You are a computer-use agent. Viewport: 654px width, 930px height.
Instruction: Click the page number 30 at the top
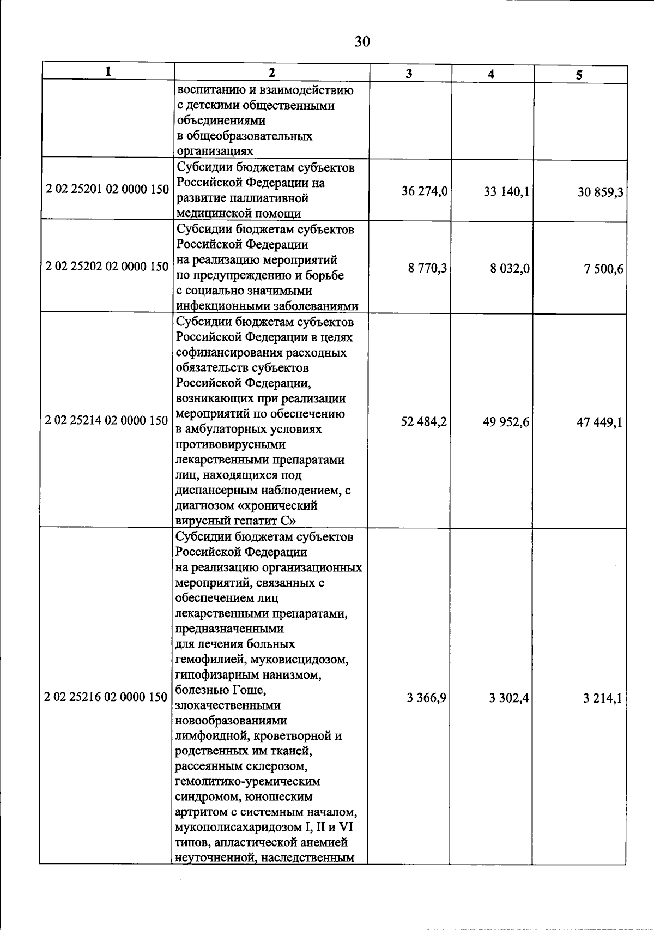(x=362, y=41)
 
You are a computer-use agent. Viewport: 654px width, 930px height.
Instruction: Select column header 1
(x=109, y=71)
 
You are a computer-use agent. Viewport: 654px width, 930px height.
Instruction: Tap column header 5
(x=579, y=75)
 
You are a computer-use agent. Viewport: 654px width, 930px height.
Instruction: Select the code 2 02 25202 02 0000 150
(x=107, y=267)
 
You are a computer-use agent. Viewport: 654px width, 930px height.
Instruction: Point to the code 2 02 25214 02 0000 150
(x=107, y=420)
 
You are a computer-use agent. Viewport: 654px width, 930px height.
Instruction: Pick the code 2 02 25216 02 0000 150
(x=106, y=697)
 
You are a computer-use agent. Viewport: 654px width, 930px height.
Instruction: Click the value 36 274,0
(x=425, y=191)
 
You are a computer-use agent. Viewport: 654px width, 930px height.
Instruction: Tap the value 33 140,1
(x=506, y=192)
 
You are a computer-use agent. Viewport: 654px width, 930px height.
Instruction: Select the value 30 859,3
(x=601, y=192)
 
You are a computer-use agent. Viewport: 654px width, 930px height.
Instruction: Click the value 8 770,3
(x=428, y=268)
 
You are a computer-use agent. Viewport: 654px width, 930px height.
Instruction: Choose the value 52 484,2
(x=424, y=421)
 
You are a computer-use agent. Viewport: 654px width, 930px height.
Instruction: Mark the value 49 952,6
(x=506, y=422)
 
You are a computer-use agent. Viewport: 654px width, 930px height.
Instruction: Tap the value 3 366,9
(x=427, y=697)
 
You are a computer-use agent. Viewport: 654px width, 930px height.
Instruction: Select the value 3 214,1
(x=602, y=699)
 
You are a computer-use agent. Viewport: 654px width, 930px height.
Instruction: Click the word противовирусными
(x=231, y=444)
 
